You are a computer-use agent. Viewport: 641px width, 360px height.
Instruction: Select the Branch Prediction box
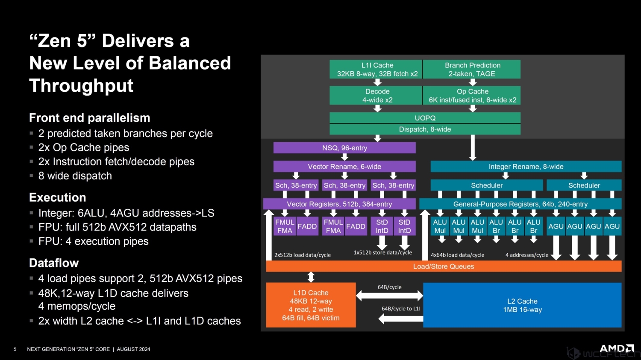tap(472, 69)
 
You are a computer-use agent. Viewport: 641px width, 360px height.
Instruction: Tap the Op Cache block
tap(472, 96)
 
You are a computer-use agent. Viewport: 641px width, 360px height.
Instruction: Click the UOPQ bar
tap(425, 118)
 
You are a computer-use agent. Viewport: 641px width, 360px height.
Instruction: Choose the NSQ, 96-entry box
tap(344, 148)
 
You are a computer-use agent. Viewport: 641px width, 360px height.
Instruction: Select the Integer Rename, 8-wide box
tap(526, 167)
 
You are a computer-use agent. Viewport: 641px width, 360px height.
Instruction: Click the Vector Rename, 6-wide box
tap(344, 167)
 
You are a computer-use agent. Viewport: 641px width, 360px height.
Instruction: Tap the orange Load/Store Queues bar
tap(444, 266)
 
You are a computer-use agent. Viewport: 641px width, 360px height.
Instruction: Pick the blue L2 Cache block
tap(522, 305)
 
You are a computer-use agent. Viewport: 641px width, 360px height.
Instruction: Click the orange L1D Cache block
tap(311, 305)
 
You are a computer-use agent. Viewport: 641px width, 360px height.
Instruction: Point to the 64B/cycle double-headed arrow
tap(389, 295)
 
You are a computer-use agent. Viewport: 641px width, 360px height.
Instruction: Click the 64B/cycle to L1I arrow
tap(400, 318)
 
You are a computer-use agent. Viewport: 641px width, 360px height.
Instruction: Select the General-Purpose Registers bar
tap(520, 204)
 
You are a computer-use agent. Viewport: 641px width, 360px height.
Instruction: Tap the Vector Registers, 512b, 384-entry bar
tap(339, 204)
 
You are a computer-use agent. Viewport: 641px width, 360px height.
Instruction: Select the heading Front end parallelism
tap(89, 118)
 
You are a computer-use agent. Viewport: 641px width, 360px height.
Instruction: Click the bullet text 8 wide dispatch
tap(75, 176)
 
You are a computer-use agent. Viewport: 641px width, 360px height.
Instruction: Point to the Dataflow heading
tap(54, 263)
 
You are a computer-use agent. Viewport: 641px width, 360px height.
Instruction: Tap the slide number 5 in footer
tap(15, 349)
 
